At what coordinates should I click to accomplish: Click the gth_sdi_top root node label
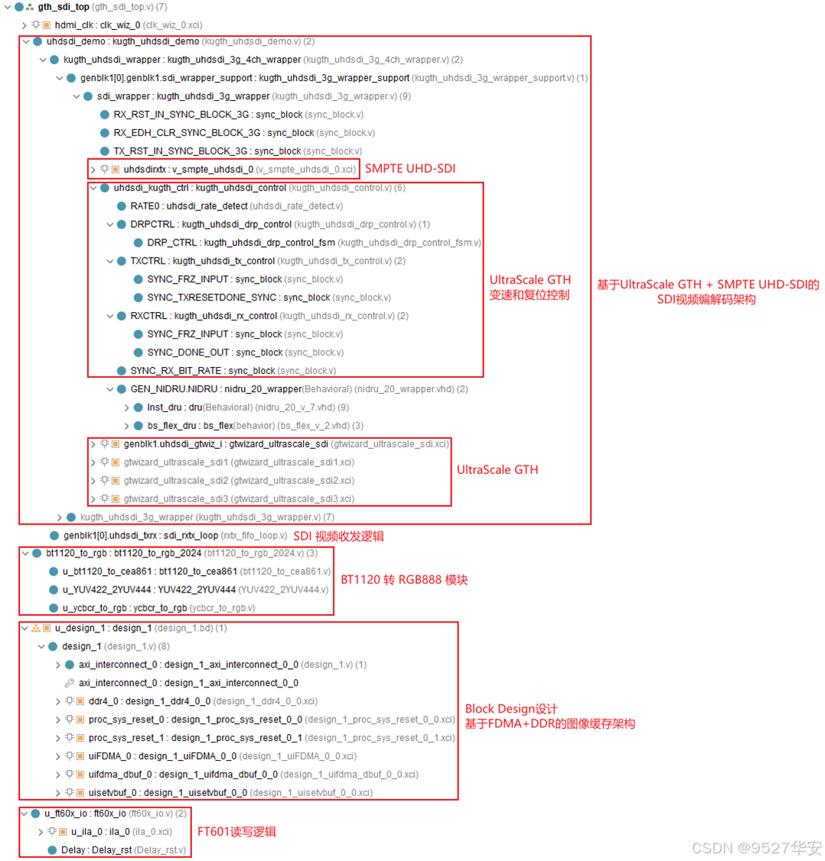[x=64, y=7]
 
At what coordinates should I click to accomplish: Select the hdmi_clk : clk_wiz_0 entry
[x=98, y=25]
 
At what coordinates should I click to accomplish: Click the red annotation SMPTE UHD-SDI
[x=409, y=168]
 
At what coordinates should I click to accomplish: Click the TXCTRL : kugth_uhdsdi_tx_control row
[x=202, y=262]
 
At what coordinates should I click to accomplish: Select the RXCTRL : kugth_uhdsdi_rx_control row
[x=204, y=316]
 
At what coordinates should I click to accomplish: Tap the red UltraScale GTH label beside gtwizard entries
[x=497, y=469]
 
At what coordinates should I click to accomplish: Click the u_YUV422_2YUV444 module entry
[x=149, y=590]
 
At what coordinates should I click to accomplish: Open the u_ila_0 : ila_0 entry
[x=122, y=832]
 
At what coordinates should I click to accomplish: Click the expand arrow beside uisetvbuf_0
[x=58, y=793]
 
